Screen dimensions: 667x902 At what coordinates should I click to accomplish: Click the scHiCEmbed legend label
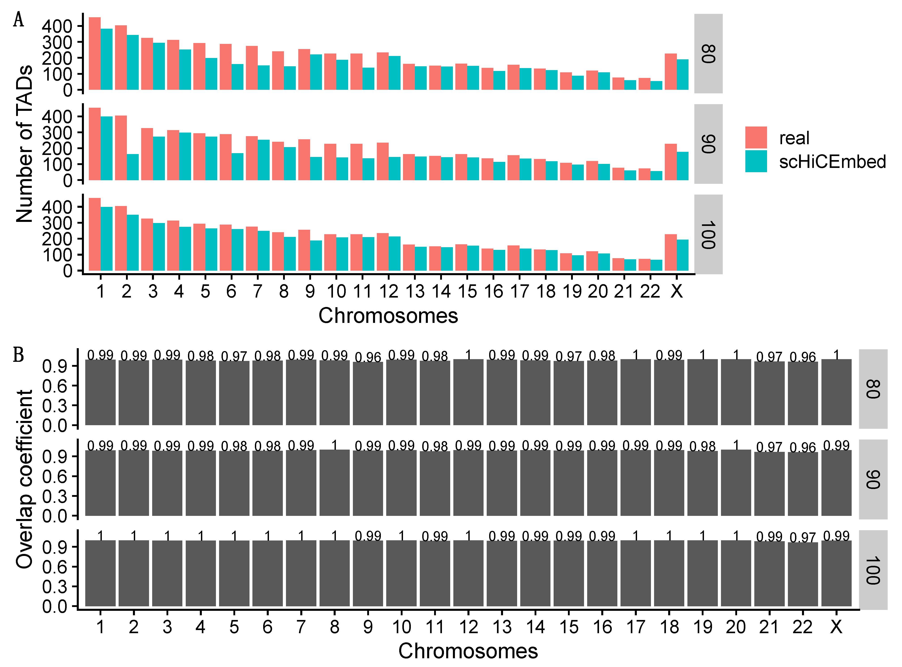pyautogui.click(x=832, y=161)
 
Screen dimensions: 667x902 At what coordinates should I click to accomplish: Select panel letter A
pyautogui.click(x=19, y=19)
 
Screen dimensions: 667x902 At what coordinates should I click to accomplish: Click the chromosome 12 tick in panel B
pyautogui.click(x=468, y=627)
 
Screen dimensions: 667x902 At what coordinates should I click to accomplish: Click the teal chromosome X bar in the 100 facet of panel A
pyautogui.click(x=682, y=255)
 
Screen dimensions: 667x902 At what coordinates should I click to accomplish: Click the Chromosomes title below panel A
pyautogui.click(x=388, y=315)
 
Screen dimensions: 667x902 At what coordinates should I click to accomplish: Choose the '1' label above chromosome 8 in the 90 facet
pyautogui.click(x=334, y=445)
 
